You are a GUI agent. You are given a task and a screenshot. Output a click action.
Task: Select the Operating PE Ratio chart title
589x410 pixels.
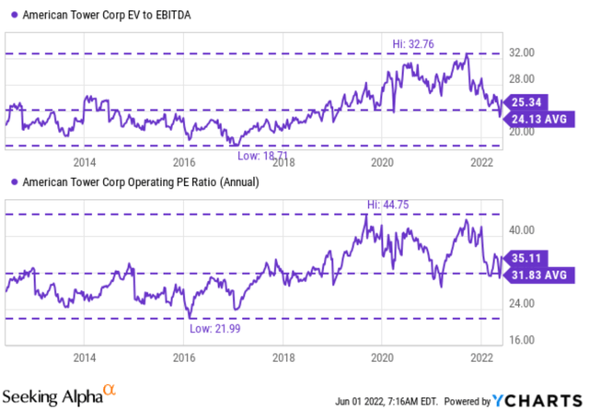click(x=138, y=182)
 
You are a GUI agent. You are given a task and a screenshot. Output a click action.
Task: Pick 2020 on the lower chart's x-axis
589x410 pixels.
click(x=382, y=357)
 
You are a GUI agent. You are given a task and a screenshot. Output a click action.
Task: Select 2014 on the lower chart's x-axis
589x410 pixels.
click(x=85, y=357)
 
